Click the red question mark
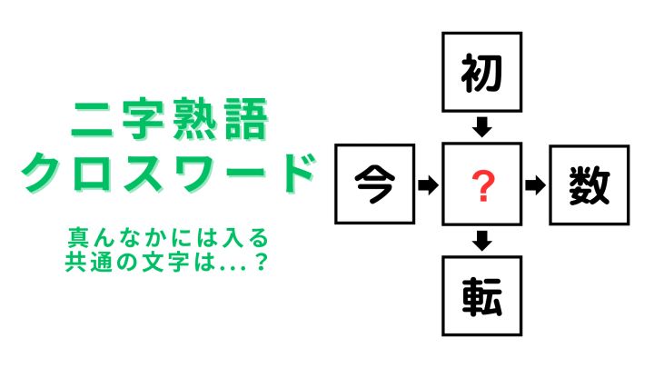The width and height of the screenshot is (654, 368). (483, 186)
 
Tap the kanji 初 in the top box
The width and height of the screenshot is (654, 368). (481, 73)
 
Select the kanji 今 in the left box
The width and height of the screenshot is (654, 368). (374, 184)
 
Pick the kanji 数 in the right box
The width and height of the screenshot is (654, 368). (589, 185)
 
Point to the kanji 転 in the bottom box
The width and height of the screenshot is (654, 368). (481, 296)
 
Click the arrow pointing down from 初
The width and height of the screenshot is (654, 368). (482, 127)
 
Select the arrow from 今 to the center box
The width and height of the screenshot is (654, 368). (428, 184)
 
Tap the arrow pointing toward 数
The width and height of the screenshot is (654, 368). (536, 185)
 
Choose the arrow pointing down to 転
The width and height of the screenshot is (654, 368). (482, 241)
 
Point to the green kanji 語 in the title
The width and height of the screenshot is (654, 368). (246, 119)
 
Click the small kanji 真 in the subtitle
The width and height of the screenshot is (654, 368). (77, 238)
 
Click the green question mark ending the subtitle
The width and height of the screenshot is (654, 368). (261, 262)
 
